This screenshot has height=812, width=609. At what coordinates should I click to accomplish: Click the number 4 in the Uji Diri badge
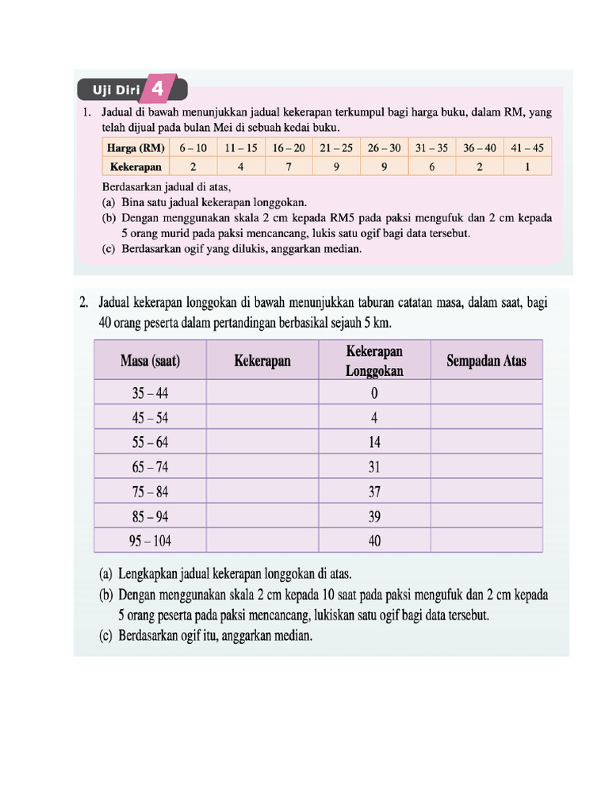tap(157, 90)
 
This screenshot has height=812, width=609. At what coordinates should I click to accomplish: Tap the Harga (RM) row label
tap(136, 147)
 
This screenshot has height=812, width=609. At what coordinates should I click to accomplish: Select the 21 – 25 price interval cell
tap(336, 147)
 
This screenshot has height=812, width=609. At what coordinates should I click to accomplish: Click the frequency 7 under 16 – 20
tap(289, 167)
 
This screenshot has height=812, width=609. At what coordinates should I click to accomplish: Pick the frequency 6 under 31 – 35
tap(431, 167)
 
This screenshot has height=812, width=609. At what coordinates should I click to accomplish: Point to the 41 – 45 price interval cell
tap(527, 147)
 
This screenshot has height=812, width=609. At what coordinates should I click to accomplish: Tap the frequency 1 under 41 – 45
tap(527, 167)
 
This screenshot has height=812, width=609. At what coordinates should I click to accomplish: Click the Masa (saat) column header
tap(150, 361)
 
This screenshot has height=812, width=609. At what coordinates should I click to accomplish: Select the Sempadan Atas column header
tap(486, 361)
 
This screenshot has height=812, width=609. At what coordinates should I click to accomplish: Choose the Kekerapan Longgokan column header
tap(374, 361)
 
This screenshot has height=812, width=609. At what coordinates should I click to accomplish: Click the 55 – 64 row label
tap(150, 442)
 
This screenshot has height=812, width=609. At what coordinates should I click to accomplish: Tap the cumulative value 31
tap(374, 467)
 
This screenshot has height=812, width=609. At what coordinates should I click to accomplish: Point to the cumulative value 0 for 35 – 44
tap(374, 393)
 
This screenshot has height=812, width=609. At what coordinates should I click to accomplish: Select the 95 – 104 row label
tap(150, 541)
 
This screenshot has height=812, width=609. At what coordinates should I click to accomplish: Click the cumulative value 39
tap(374, 516)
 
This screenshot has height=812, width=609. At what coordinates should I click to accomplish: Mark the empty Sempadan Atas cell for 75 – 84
tap(486, 492)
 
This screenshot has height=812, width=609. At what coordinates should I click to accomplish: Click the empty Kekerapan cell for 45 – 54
tap(262, 418)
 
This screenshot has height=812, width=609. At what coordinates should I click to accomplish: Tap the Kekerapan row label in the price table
tap(136, 167)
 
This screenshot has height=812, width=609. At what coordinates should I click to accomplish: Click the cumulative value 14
tap(374, 442)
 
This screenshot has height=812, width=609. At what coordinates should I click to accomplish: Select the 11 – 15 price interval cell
tap(240, 147)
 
